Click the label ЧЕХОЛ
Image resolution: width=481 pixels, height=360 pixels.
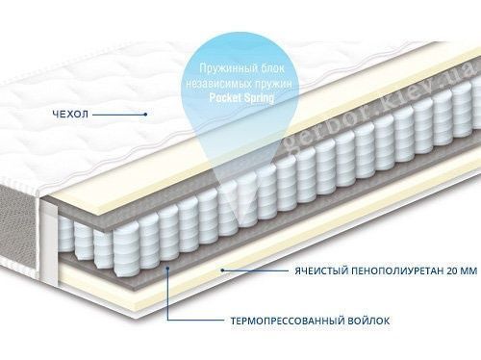tap(70, 114)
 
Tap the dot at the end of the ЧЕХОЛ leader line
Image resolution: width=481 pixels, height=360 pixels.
tap(145, 114)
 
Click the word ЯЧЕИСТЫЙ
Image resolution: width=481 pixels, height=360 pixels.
tap(321, 270)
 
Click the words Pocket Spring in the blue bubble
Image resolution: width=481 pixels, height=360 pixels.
tap(241, 97)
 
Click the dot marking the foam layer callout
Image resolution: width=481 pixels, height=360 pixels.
tap(222, 270)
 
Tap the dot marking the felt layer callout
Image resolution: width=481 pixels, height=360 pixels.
tap(167, 268)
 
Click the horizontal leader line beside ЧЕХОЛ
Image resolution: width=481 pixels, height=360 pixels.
tap(118, 114)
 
